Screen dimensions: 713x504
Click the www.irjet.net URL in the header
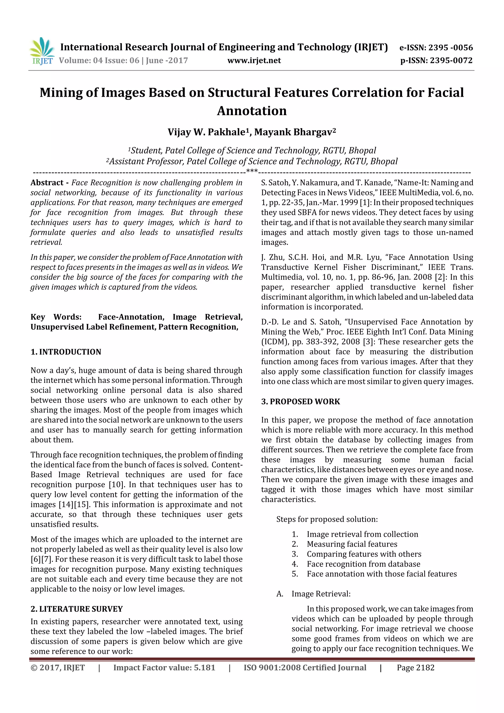pos(254,60)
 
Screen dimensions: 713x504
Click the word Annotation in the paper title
pos(252,111)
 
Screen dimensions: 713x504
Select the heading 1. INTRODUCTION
pos(66,352)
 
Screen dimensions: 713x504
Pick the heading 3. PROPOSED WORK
pos(300,401)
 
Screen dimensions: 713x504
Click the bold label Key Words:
pos(56,317)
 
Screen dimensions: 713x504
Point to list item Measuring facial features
pos(352,544)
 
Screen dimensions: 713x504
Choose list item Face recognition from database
pos(363,564)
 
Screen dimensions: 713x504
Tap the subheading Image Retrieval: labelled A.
pos(321,594)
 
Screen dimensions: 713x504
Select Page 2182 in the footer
pos(415,668)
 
